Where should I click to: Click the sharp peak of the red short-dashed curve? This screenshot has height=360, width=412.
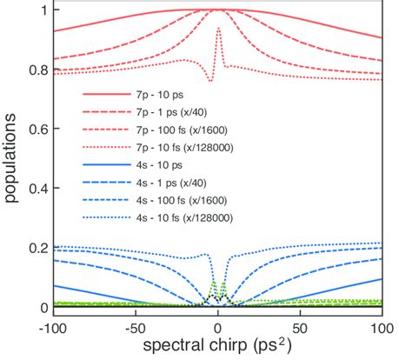pyautogui.click(x=217, y=30)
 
